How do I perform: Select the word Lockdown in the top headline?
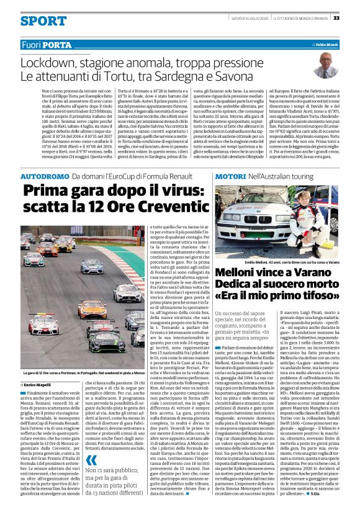[47, 63]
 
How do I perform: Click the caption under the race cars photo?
[83, 355]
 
